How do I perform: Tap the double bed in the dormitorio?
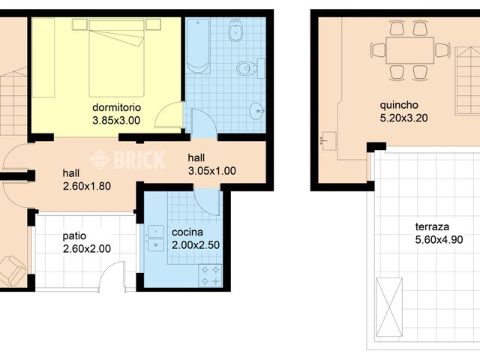click(x=115, y=57)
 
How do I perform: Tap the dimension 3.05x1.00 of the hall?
click(x=212, y=170)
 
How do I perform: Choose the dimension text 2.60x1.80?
click(x=87, y=186)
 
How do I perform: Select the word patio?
click(x=75, y=235)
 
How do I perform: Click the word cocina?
click(x=186, y=232)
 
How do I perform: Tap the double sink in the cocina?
click(x=156, y=237)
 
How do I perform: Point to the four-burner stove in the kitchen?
click(x=209, y=275)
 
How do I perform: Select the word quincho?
click(x=400, y=105)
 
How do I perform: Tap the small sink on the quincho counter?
click(x=328, y=139)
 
